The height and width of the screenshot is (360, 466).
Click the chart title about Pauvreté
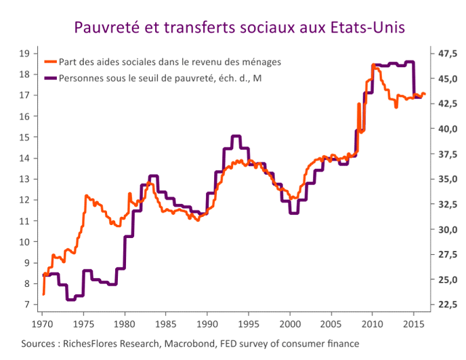[240, 28]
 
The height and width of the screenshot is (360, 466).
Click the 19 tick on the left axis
[24, 53]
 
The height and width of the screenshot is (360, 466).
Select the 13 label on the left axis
[24, 179]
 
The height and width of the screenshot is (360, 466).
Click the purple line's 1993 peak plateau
[236, 136]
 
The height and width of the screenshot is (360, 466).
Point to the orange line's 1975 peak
[86, 195]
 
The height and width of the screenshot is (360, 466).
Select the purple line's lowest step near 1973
[70, 299]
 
